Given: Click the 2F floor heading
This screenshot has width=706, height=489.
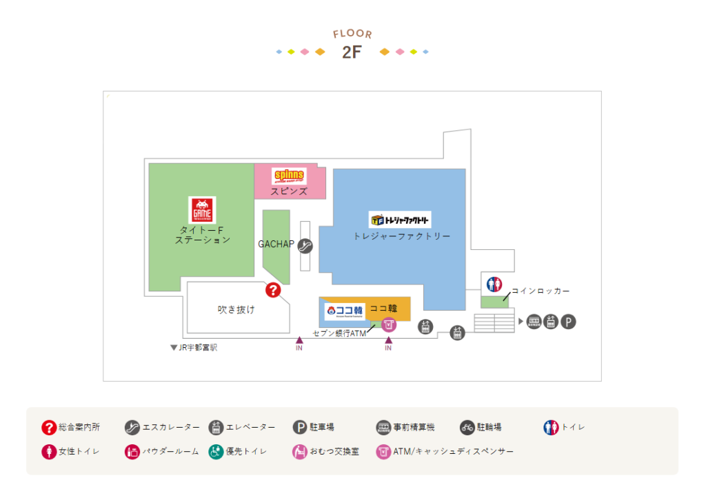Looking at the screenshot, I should pos(352,52).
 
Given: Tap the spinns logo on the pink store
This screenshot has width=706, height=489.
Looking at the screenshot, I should pos(289,176).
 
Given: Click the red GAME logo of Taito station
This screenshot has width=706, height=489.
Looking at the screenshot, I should pos(202,210).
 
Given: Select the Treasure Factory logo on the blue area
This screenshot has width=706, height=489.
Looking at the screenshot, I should pos(400,220).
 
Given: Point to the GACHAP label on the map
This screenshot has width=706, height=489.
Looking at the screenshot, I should pos(276,244).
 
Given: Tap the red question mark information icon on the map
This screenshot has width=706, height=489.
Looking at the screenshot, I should pos(274,291).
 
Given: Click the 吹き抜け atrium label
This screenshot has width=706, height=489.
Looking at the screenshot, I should pos(236,310).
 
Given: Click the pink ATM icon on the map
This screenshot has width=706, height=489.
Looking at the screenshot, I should pos(389,324).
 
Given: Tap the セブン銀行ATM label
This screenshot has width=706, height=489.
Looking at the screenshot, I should pos(339,333).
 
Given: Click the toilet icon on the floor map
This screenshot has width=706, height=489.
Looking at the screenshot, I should pos(494,284).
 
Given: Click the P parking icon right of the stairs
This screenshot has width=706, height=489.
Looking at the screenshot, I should pos(568,322).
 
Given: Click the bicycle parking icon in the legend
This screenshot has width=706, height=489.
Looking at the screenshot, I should pos(467,428).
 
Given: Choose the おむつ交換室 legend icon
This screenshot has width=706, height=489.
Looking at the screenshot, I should pos(299,452).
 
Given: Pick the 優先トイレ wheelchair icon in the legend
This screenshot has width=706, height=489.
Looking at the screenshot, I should pos(216,452).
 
